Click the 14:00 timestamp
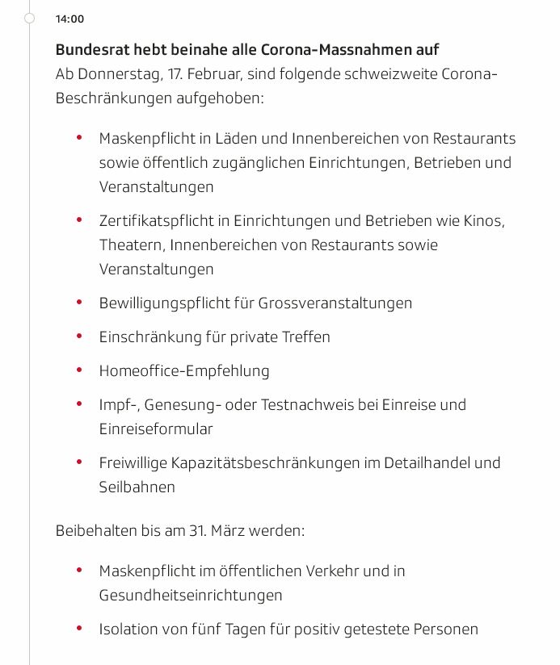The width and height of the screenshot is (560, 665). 69,19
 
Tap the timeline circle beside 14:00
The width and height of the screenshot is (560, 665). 30,18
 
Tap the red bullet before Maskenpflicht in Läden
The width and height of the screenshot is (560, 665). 79,138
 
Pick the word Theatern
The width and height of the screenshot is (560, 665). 130,245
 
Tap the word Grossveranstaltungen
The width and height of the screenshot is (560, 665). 335,303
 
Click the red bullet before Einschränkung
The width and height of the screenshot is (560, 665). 79,337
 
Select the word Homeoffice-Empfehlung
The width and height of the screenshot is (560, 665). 184,370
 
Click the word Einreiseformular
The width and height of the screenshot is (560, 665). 156,429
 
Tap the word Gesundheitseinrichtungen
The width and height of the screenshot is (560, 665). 191,595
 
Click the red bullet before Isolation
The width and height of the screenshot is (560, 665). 79,629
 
